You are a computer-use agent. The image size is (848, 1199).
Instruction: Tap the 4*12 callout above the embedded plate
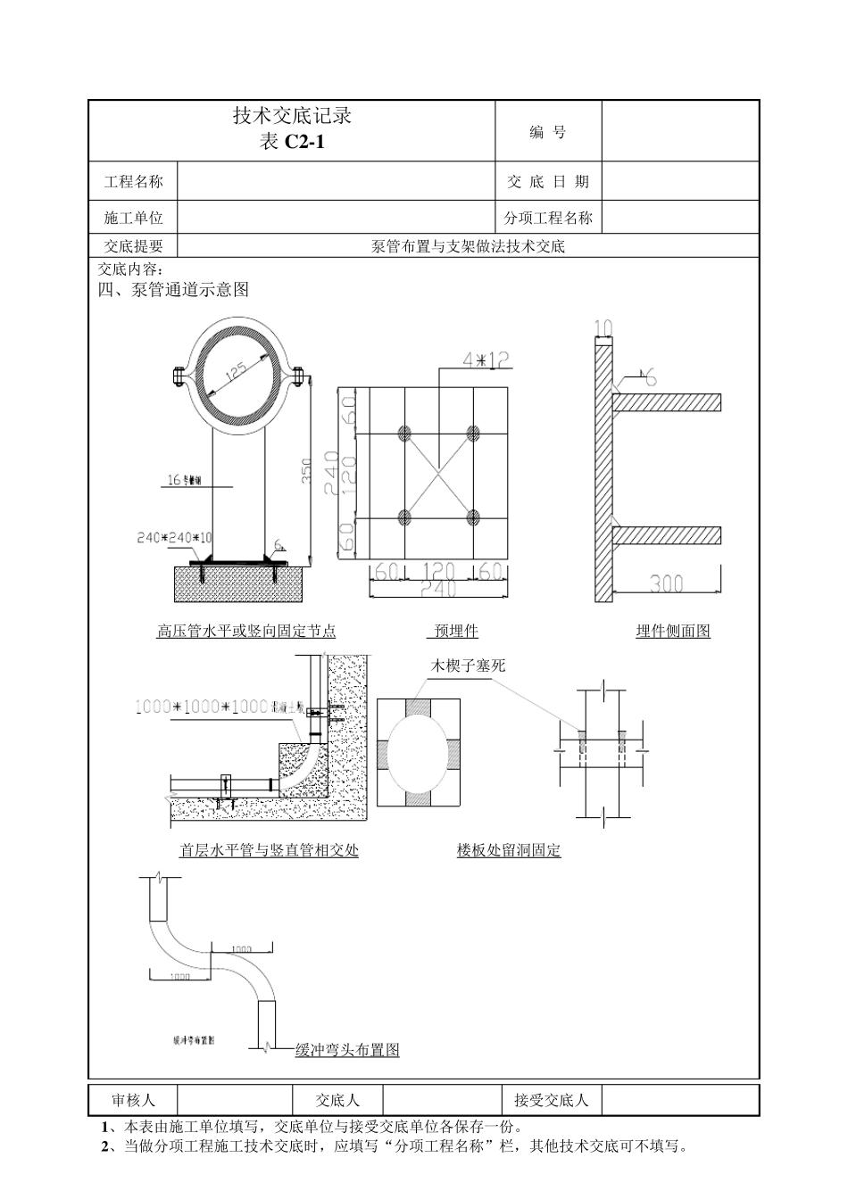coord(486,360)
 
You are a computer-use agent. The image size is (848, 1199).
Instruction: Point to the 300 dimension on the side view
coord(666,583)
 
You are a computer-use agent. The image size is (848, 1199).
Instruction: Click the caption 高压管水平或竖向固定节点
coord(246,632)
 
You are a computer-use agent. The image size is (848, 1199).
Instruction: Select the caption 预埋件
coord(456,632)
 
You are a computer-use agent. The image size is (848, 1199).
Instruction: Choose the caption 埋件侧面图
coord(673,632)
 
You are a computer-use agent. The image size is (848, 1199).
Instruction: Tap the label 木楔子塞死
coord(469,666)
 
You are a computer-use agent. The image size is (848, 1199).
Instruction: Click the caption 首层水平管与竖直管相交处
coord(269,851)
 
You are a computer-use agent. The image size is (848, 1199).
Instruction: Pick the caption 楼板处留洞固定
coord(509,851)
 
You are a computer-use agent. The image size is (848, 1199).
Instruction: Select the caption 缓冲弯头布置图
coord(347,1050)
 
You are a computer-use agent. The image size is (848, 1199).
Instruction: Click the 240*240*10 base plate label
coord(175,538)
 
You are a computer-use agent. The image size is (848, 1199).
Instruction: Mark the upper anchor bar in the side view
coord(668,402)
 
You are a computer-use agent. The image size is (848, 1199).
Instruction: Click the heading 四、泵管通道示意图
coord(173,289)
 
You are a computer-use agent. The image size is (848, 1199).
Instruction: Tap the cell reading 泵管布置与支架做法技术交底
coord(468,246)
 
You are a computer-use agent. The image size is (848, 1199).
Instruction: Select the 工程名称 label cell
coord(134,182)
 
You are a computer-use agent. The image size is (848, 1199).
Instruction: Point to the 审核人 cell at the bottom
coord(133,1101)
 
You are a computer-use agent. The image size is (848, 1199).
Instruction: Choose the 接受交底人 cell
coord(551,1101)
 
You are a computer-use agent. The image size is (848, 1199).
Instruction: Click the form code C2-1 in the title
coord(304,141)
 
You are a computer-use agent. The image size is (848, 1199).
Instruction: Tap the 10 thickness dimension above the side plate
coord(603,328)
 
